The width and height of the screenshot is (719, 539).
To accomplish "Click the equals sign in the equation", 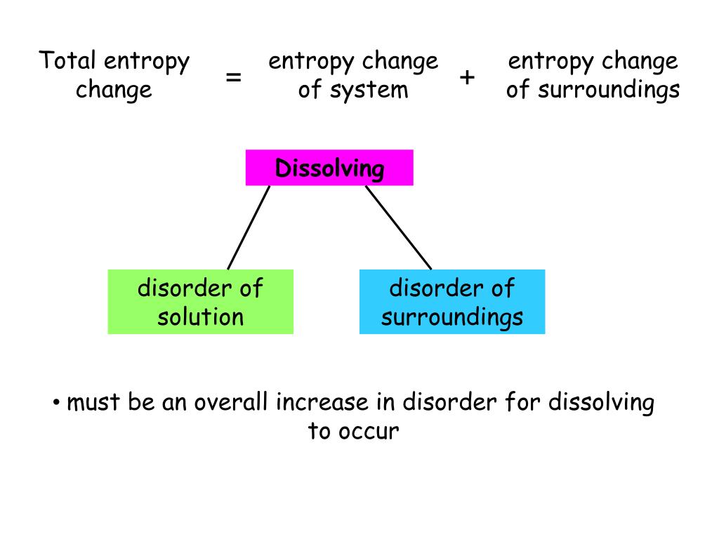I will pos(234,77).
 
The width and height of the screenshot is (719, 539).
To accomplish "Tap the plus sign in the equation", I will pos(467,77).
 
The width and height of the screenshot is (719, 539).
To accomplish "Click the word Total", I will pos(67,62).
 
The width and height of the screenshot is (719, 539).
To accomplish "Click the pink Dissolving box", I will pos(329,168).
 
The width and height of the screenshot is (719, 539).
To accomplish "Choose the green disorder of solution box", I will pos(200,302).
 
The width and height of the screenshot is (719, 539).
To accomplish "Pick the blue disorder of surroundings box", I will pos(451,302).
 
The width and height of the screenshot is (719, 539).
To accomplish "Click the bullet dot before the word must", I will pos(55,403).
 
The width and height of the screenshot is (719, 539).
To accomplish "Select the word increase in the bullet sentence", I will pos(322,403).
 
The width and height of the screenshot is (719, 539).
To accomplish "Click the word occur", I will pos(369,431).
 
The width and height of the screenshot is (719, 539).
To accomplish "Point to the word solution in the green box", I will pos(200,317).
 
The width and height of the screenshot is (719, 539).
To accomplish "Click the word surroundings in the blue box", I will pos(451,317).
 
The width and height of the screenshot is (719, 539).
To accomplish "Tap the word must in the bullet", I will pos(93,403).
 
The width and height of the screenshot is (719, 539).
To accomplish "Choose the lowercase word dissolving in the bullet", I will pos(601,403).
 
